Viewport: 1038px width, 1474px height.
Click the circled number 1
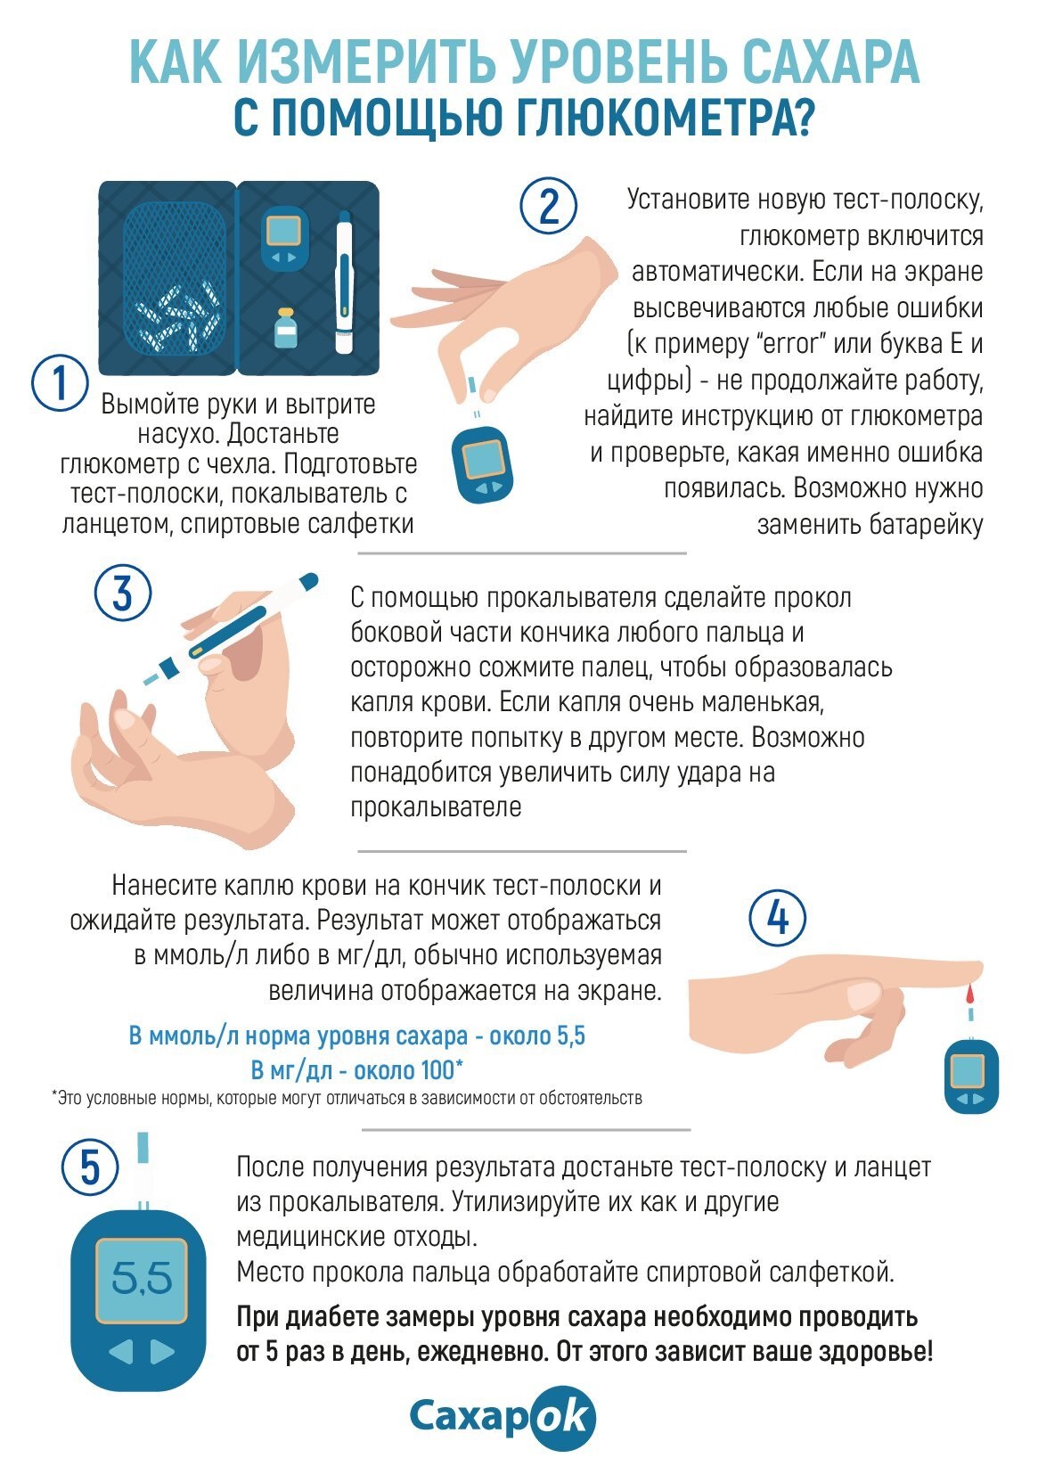tap(60, 383)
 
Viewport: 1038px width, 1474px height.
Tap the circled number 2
tap(549, 205)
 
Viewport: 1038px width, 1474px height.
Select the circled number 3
tap(123, 593)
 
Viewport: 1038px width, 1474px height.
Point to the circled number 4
tap(778, 918)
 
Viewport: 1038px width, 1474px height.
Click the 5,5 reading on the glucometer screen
tap(142, 1278)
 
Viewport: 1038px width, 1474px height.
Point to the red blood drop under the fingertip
tap(969, 992)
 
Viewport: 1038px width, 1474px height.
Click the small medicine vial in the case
tap(286, 328)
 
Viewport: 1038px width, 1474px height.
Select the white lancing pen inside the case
tap(344, 283)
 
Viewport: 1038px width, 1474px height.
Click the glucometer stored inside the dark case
tap(284, 238)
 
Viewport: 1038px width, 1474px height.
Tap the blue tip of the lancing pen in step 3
tap(308, 582)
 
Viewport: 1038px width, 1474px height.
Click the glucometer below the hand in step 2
tap(482, 465)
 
